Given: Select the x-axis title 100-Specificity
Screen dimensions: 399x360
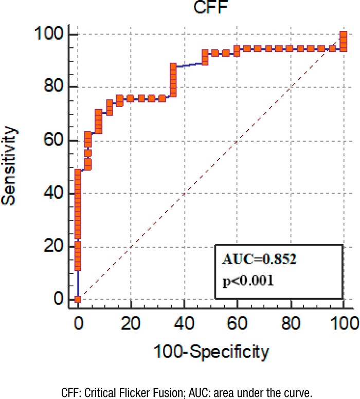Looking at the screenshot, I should click(210, 352).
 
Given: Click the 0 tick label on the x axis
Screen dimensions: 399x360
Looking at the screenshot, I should click(78, 324).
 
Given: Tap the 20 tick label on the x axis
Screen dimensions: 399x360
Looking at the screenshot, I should click(131, 324).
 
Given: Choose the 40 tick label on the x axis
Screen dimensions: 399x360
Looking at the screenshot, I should click(184, 324).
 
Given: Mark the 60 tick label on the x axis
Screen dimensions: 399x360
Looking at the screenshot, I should click(238, 324).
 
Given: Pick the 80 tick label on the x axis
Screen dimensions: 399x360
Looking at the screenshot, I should click(291, 324).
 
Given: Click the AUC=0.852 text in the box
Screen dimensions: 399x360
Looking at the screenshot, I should click(260, 259).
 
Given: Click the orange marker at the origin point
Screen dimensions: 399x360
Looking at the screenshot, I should click(78, 299).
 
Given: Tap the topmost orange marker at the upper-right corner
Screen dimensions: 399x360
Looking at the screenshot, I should click(344, 35).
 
